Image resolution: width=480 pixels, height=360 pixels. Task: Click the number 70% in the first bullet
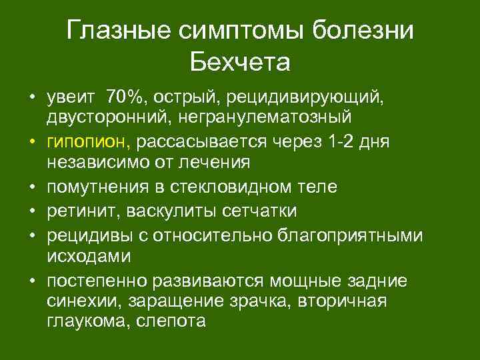(127, 98)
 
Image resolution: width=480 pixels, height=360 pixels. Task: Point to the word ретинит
(77, 211)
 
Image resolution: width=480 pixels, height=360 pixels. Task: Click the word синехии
(75, 301)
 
